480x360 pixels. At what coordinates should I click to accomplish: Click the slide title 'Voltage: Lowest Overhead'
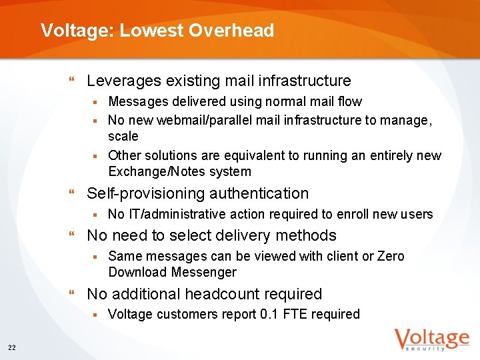point(157,31)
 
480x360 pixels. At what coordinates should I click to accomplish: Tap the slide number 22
point(12,347)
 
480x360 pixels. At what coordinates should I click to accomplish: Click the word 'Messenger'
point(204,273)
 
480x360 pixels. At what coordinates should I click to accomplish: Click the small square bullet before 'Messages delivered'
point(95,102)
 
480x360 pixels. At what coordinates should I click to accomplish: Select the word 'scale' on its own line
point(123,137)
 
